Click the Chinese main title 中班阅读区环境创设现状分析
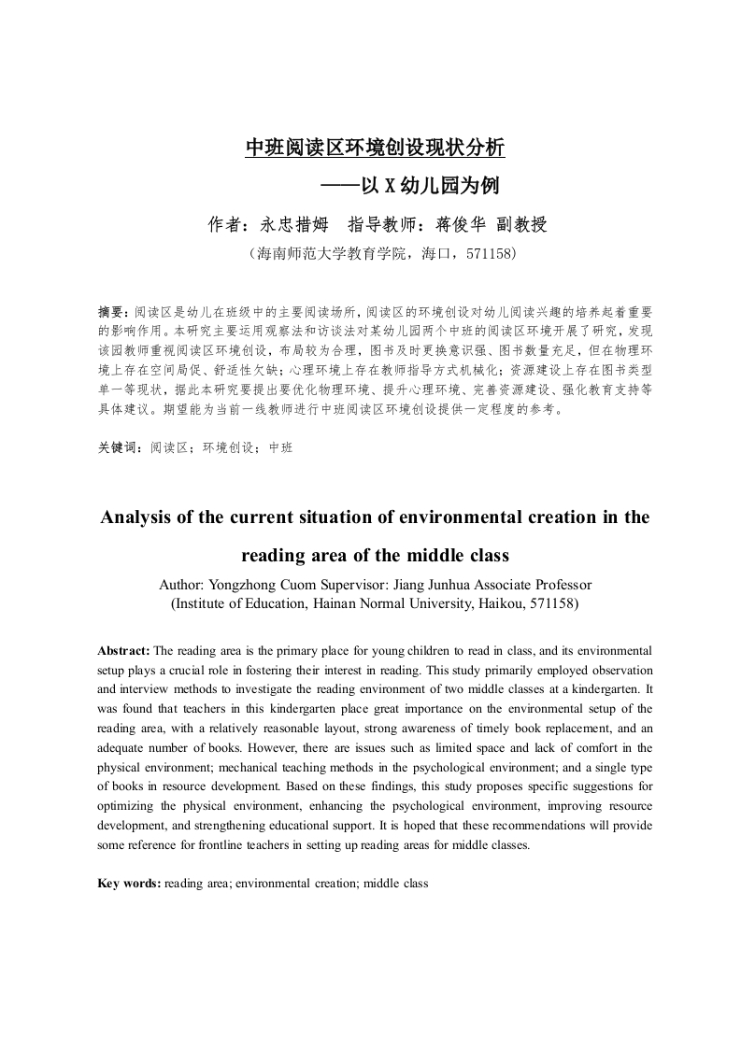click(x=374, y=148)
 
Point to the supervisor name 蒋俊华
click(x=463, y=224)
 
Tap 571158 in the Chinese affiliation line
click(x=485, y=254)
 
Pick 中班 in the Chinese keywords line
click(x=280, y=448)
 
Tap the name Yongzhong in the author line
click(x=241, y=585)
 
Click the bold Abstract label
click(x=123, y=650)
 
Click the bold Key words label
click(x=130, y=883)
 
